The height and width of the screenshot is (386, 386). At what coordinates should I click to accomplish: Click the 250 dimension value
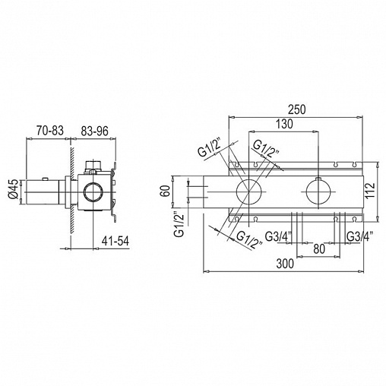(x=297, y=109)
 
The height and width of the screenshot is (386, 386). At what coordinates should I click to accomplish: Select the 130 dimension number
(x=284, y=124)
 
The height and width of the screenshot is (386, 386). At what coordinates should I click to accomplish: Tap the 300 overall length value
(x=285, y=264)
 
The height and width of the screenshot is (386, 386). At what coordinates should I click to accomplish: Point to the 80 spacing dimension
(x=319, y=249)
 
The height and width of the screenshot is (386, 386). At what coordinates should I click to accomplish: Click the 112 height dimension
(x=370, y=191)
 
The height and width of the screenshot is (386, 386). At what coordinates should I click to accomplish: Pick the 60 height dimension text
(x=165, y=191)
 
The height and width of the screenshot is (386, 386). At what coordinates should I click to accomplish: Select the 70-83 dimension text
(x=50, y=131)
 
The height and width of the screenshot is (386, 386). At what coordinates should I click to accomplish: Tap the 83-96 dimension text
(x=94, y=131)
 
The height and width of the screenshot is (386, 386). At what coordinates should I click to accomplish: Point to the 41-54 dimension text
(x=115, y=241)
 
